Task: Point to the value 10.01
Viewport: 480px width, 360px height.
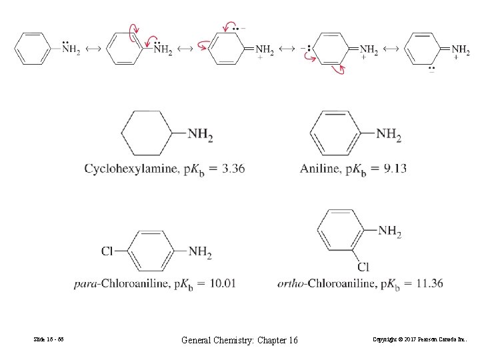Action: click(x=220, y=283)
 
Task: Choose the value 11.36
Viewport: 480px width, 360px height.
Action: click(x=427, y=283)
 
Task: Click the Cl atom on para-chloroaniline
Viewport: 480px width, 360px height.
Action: click(x=107, y=251)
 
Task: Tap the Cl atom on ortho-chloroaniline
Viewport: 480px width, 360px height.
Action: click(x=363, y=267)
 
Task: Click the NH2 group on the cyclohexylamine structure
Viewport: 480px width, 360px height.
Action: click(x=200, y=135)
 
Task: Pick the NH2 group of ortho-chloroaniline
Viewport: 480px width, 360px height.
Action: click(x=389, y=231)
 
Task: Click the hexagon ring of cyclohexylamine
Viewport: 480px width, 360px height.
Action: click(x=147, y=133)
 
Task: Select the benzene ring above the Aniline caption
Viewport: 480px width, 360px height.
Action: click(x=337, y=133)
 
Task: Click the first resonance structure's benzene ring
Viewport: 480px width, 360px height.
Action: click(x=32, y=49)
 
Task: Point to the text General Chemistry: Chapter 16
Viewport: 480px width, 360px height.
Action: click(x=239, y=341)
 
